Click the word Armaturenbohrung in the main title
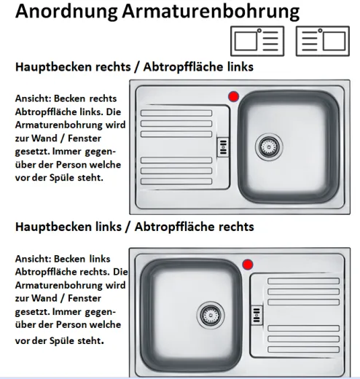pos(211,12)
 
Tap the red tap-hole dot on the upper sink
pos(233,96)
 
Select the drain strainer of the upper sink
pos(267,146)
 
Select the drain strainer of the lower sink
pos(211,313)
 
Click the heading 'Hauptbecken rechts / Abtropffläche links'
pos(134,67)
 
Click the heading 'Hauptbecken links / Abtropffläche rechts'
pos(134,227)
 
